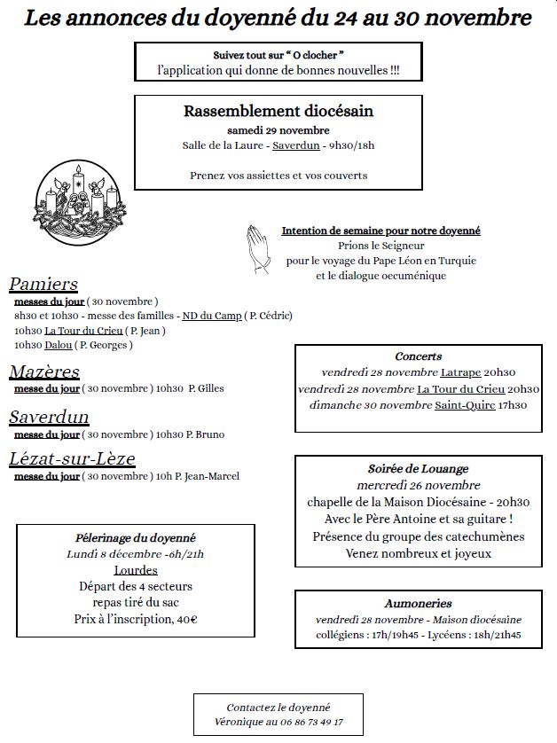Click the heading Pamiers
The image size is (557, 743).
tap(43, 285)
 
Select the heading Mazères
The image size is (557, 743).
tap(44, 371)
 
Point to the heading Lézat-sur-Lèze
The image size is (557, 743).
tap(72, 458)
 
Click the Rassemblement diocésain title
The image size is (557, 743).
tap(278, 111)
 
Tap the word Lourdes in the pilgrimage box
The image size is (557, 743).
tap(136, 570)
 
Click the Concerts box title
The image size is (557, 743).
tap(418, 356)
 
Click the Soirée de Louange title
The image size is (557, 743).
tap(418, 468)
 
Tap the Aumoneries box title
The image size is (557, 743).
tap(418, 603)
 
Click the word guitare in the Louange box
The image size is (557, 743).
tap(486, 519)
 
